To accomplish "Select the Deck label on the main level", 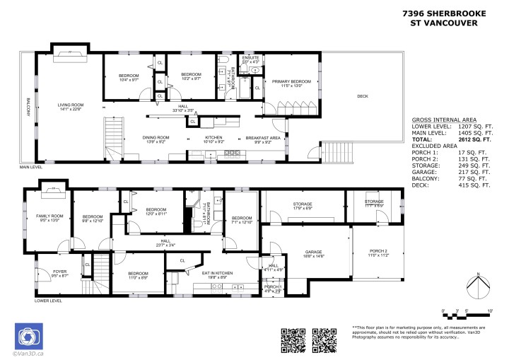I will click(x=363, y=95).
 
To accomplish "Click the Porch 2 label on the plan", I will click(x=380, y=252).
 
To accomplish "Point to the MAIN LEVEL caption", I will click(x=33, y=168).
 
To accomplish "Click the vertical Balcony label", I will click(x=28, y=107).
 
